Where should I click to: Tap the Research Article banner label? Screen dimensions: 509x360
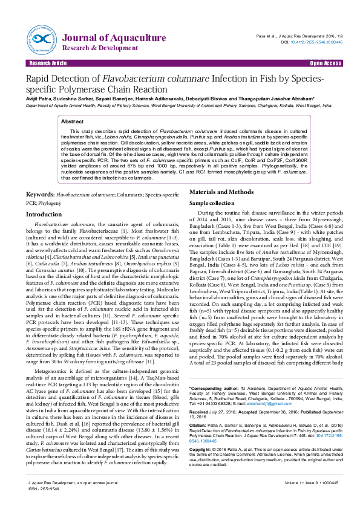[48, 63]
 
